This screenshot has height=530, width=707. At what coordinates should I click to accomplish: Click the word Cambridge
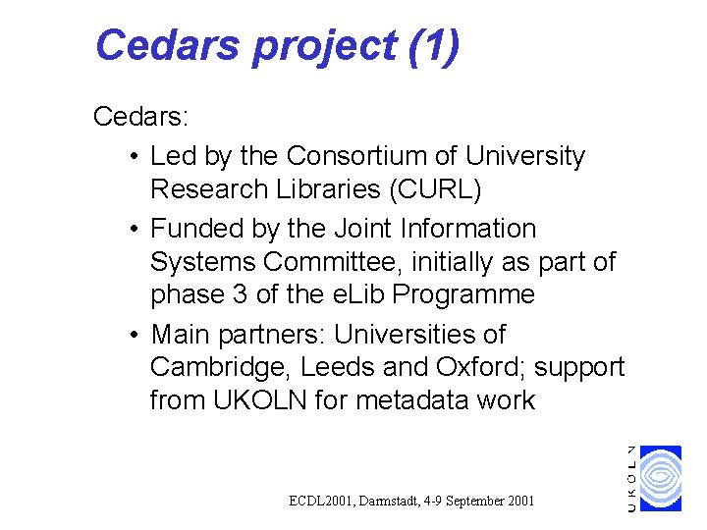pyautogui.click(x=221, y=367)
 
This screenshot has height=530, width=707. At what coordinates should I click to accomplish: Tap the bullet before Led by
pyautogui.click(x=133, y=157)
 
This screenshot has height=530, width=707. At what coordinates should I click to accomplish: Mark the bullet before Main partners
pyautogui.click(x=133, y=335)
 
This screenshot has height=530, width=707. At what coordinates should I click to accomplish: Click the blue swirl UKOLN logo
pyautogui.click(x=661, y=478)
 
